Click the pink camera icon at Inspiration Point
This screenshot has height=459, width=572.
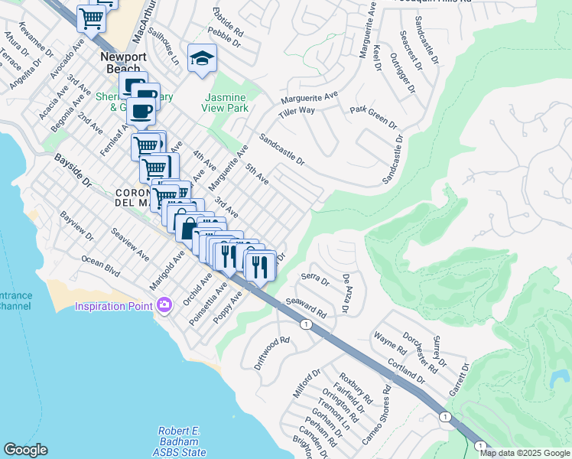point(164,306)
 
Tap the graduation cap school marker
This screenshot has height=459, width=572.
point(202,58)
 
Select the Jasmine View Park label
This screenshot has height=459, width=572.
point(226,103)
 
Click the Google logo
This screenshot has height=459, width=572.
point(25,450)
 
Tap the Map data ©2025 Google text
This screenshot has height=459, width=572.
point(525,453)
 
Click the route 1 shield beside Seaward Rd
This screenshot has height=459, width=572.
point(306,325)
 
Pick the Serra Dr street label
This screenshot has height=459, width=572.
point(315,280)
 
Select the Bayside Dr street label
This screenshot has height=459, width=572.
point(73,171)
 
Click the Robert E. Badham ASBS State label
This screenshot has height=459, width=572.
point(181,441)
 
